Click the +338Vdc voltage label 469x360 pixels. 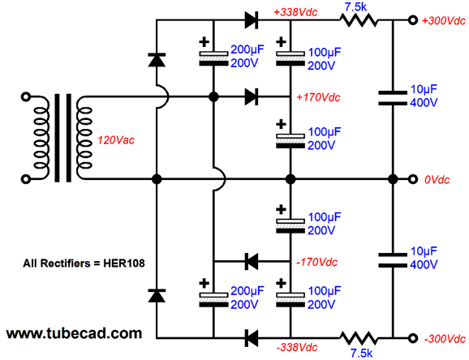pyautogui.click(x=295, y=12)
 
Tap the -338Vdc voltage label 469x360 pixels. pyautogui.click(x=297, y=348)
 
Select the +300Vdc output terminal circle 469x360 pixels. pyautogui.click(x=413, y=20)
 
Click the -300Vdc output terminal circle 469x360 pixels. pyautogui.click(x=413, y=338)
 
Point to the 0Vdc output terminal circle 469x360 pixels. pyautogui.click(x=413, y=179)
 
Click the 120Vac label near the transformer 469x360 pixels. pyautogui.click(x=116, y=140)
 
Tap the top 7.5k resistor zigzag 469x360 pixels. pyautogui.click(x=359, y=20)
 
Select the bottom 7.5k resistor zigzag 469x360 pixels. pyautogui.click(x=359, y=338)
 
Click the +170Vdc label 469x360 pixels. pyautogui.click(x=318, y=97)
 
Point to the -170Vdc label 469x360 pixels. pyautogui.click(x=316, y=262)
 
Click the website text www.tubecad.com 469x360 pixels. pyautogui.click(x=74, y=333)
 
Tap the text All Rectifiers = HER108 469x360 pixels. pyautogui.click(x=84, y=264)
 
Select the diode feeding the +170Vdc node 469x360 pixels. pyautogui.click(x=252, y=96)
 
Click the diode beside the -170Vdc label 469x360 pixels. pyautogui.click(x=252, y=261)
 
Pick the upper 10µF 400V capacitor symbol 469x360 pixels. pyautogui.click(x=393, y=98)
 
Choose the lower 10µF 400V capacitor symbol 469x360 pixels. pyautogui.click(x=393, y=260)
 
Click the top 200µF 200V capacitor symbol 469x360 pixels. pyautogui.click(x=213, y=58)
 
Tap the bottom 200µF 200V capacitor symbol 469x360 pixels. pyautogui.click(x=213, y=300)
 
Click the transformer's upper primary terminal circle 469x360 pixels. pyautogui.click(x=26, y=96)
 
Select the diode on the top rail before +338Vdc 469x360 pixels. pyautogui.click(x=252, y=20)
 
